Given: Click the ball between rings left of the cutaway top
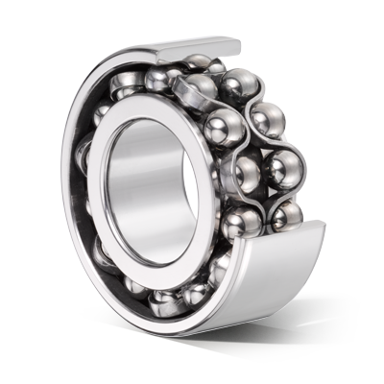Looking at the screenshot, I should tap(159, 79).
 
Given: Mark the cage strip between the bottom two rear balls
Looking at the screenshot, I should tap(286, 193).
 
